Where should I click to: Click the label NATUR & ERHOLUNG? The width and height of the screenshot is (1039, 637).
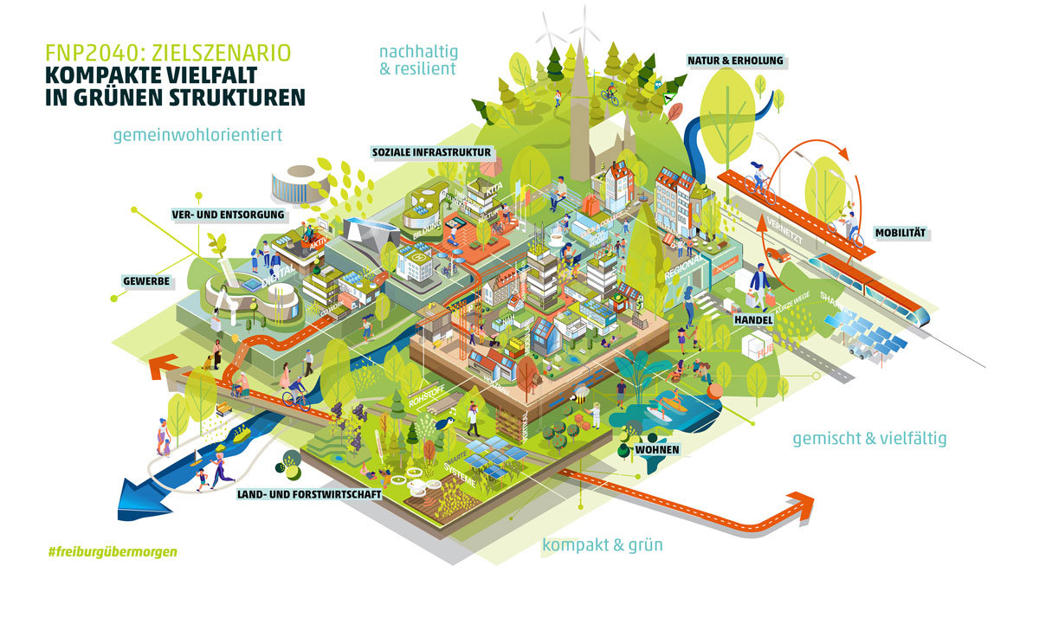(735, 61)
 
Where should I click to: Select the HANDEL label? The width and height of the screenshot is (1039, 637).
(752, 319)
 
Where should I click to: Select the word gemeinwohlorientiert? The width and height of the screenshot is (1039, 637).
(197, 135)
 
